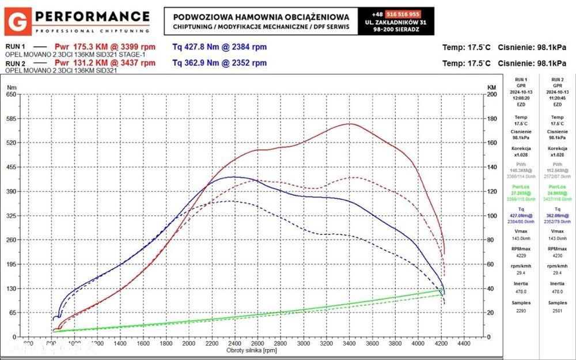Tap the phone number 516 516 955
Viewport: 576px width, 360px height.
pyautogui.click(x=403, y=14)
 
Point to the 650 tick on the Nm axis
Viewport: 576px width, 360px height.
pyautogui.click(x=11, y=94)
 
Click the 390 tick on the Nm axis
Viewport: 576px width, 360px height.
pyautogui.click(x=11, y=191)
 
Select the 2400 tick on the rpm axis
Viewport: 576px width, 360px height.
pyautogui.click(x=234, y=343)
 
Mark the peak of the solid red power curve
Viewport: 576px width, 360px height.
pyautogui.click(x=349, y=124)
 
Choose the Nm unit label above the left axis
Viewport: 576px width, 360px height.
pyautogui.click(x=11, y=87)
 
